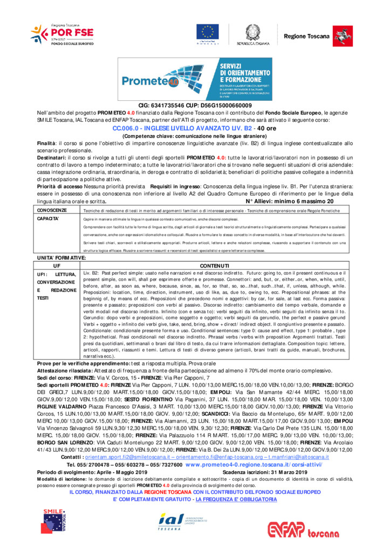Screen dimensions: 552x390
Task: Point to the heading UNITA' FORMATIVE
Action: tap(61, 259)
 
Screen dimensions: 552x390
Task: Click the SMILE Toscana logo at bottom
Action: tap(54, 521)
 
